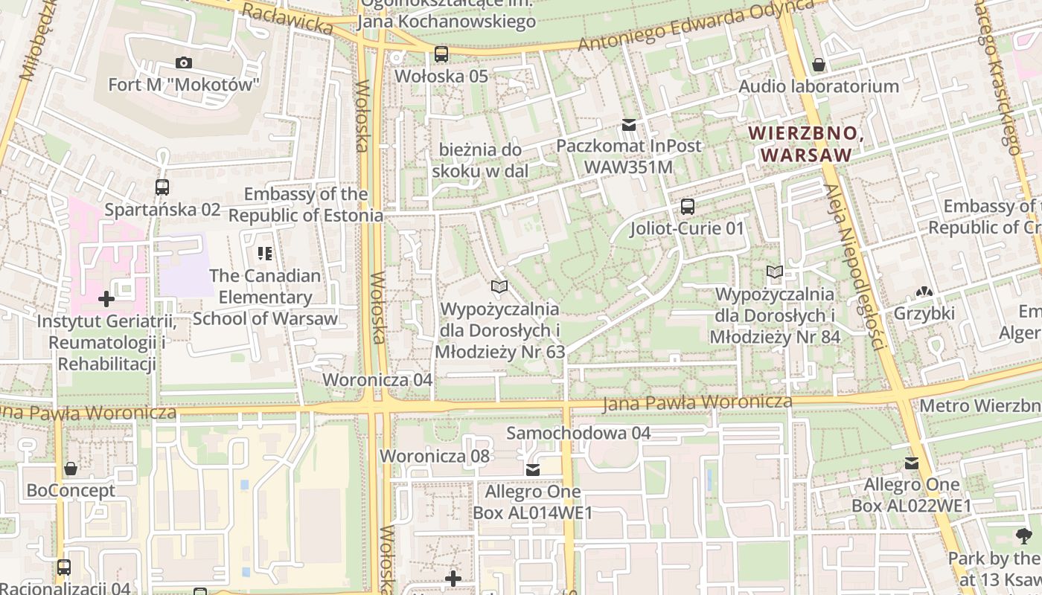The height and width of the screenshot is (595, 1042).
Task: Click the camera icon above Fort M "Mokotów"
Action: click(x=183, y=63)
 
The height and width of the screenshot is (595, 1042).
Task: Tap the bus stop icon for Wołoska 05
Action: click(x=441, y=54)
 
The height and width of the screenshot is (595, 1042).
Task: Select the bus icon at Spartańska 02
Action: click(x=162, y=187)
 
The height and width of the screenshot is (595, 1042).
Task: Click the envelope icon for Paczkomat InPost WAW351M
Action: click(x=630, y=124)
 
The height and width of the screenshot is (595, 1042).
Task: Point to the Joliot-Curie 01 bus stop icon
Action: click(x=688, y=207)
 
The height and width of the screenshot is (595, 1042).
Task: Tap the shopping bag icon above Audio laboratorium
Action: click(x=819, y=65)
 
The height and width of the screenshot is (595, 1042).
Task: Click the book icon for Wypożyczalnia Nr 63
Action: click(x=499, y=286)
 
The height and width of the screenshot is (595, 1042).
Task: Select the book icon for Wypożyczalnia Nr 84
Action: click(x=775, y=272)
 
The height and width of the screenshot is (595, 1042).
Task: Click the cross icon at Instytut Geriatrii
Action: click(x=106, y=299)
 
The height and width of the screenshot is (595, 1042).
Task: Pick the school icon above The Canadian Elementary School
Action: click(x=265, y=254)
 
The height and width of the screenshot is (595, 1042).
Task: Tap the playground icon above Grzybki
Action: click(x=924, y=292)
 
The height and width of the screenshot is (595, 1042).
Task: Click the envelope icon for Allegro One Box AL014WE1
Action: click(x=533, y=470)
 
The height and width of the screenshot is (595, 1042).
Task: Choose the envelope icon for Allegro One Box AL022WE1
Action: click(x=912, y=464)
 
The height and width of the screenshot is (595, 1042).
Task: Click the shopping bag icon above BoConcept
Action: click(x=71, y=469)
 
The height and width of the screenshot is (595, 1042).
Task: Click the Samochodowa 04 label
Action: click(x=578, y=433)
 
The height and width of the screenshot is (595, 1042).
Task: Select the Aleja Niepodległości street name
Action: click(x=854, y=268)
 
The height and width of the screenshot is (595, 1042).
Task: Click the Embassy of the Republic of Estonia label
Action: click(x=306, y=205)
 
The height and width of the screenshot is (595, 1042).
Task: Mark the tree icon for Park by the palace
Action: click(x=1024, y=535)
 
